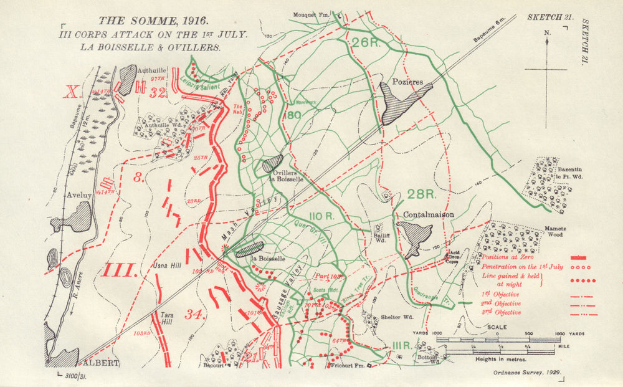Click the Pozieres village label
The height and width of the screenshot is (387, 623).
click(x=408, y=82)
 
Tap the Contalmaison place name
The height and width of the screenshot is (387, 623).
click(x=429, y=215)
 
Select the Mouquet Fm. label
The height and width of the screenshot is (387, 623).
click(x=310, y=14)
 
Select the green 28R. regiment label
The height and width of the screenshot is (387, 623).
click(x=419, y=194)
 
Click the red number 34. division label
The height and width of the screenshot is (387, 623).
click(x=196, y=315)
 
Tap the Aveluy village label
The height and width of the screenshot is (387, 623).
click(x=80, y=195)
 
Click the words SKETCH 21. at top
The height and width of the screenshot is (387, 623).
click(x=550, y=17)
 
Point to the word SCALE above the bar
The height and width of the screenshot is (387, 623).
click(x=497, y=327)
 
